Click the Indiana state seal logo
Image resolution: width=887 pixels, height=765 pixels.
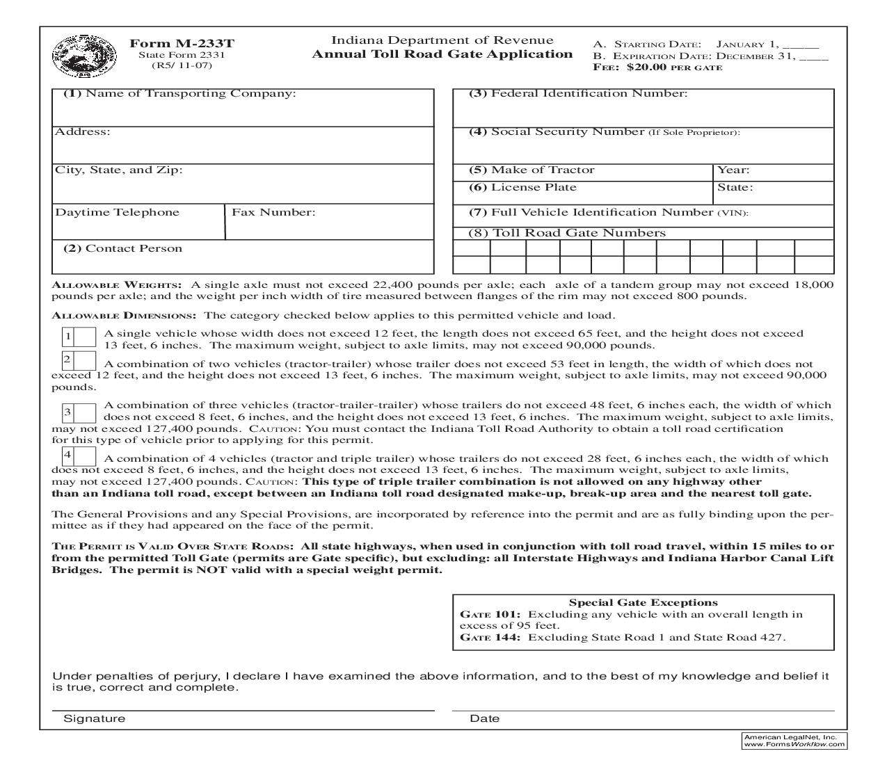pyautogui.click(x=74, y=56)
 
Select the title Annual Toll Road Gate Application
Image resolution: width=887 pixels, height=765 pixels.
pyautogui.click(x=442, y=54)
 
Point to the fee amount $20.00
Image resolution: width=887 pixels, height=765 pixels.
pyautogui.click(x=646, y=67)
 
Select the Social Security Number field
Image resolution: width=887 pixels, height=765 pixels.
pyautogui.click(x=643, y=149)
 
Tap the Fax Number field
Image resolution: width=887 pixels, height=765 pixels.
pyautogui.click(x=330, y=225)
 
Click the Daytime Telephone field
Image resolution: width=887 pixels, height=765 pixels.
pyautogui.click(x=138, y=227)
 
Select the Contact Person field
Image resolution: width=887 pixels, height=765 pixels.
pyautogui.click(x=243, y=261)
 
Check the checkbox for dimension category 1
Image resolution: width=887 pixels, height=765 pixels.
pyautogui.click(x=86, y=337)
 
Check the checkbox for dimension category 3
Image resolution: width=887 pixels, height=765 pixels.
pyautogui.click(x=86, y=413)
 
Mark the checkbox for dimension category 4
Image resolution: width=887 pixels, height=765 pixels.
pyautogui.click(x=85, y=456)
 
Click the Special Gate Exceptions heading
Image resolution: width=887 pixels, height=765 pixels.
pyautogui.click(x=643, y=603)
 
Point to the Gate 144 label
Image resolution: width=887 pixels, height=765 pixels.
pyautogui.click(x=490, y=637)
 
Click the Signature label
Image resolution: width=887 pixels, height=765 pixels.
pyautogui.click(x=95, y=719)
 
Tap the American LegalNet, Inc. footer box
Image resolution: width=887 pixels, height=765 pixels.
pyautogui.click(x=794, y=740)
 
